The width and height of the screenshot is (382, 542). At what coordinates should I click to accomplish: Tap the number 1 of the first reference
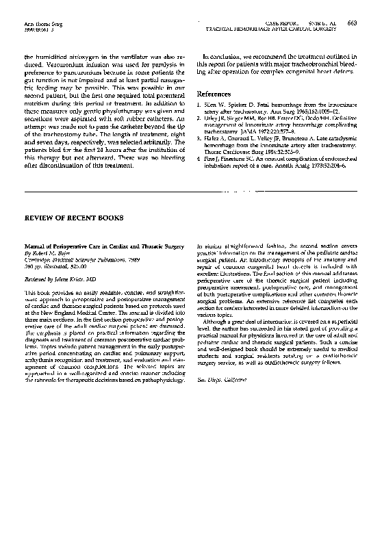[198, 105]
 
